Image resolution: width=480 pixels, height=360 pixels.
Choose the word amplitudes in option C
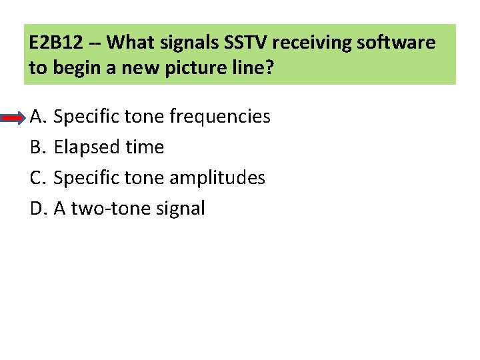pos(217,178)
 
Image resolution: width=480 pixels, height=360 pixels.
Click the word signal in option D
pos(181,209)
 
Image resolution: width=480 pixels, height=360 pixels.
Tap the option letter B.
pos(37,147)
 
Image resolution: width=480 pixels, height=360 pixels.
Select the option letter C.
pos(37,178)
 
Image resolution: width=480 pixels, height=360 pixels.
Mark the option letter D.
pos(37,209)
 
